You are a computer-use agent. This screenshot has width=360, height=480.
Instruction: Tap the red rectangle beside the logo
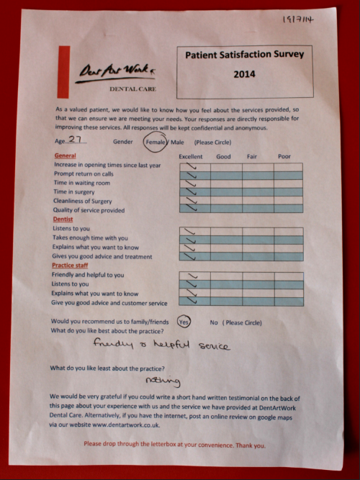pos(64,74)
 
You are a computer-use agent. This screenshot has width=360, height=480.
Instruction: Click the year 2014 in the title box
pos(245,73)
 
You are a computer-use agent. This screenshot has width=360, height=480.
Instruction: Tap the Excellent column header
pos(191,155)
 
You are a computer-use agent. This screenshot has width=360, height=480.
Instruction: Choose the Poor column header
pos(284,155)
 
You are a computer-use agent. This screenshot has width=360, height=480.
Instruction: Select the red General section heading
pos(65,155)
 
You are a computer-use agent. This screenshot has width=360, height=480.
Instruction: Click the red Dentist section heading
pos(63,219)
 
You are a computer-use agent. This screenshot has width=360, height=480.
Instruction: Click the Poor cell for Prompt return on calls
pos(287,175)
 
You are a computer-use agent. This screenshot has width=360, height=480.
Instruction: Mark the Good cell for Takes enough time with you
pos(224,239)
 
